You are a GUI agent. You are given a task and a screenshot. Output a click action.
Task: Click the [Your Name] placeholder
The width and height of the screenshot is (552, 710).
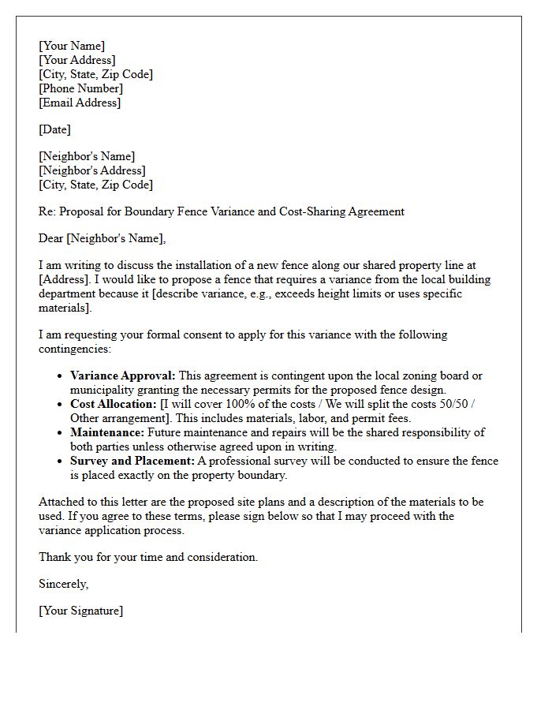(72, 46)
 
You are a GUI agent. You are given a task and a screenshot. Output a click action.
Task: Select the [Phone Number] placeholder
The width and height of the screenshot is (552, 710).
(80, 88)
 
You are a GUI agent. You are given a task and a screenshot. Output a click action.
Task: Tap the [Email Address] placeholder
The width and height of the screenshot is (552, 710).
(80, 103)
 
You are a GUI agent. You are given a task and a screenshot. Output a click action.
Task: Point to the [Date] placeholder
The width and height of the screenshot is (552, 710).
(54, 129)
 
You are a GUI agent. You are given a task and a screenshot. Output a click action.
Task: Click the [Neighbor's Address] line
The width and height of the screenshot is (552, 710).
(92, 170)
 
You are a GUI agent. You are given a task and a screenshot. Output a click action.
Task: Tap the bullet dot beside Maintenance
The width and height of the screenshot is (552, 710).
(60, 433)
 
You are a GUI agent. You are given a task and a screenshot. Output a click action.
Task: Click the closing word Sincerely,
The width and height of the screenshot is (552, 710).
(64, 584)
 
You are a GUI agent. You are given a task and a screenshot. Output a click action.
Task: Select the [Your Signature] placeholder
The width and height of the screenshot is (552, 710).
(81, 611)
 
